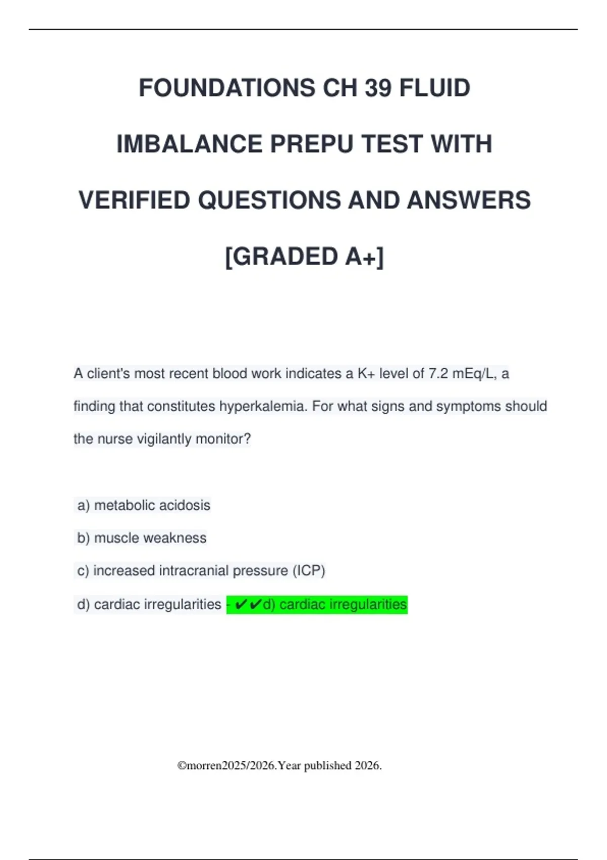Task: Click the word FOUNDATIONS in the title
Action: pyautogui.click(x=227, y=88)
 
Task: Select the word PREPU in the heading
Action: pyautogui.click(x=309, y=144)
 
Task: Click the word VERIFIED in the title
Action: pyautogui.click(x=135, y=200)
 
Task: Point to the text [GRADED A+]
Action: pyautogui.click(x=305, y=256)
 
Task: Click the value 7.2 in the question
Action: pyautogui.click(x=438, y=374)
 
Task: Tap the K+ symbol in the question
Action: pyautogui.click(x=366, y=374)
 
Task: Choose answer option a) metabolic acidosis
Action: pyautogui.click(x=144, y=505)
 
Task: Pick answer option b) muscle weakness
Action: pyautogui.click(x=142, y=538)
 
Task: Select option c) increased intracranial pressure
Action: pyautogui.click(x=201, y=571)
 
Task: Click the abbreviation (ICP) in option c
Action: pyautogui.click(x=309, y=571)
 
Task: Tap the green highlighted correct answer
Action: pyautogui.click(x=317, y=605)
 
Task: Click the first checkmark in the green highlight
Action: pyautogui.click(x=241, y=605)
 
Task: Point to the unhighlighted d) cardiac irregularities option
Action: pyautogui.click(x=149, y=605)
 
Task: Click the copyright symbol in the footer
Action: pyautogui.click(x=182, y=766)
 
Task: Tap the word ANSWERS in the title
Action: pyautogui.click(x=468, y=200)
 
